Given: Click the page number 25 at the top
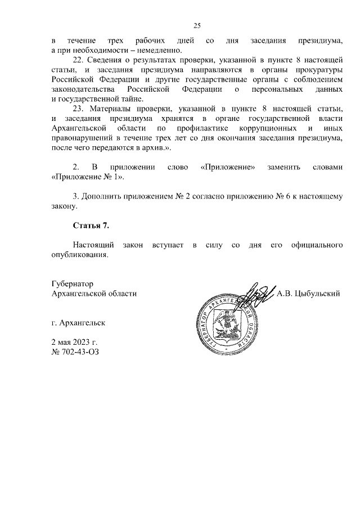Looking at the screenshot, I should click(197, 25).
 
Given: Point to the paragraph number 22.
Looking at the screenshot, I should click(79, 60).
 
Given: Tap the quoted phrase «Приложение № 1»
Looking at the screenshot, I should click(87, 177).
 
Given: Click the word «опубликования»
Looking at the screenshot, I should click(78, 255).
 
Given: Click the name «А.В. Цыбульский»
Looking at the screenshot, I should click(309, 294).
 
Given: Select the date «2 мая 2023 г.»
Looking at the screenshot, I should click(74, 343).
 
